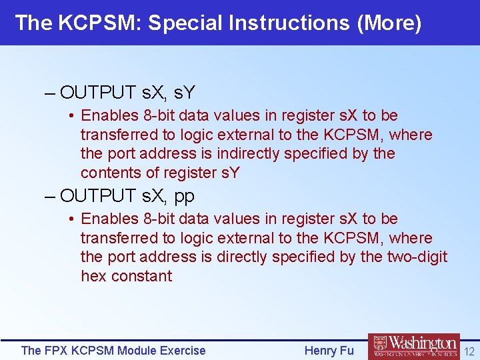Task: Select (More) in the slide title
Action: coord(389,23)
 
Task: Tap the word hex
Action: coord(93,276)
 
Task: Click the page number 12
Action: coord(469,351)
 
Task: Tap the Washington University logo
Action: coord(413,347)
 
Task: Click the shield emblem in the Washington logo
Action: coord(379,345)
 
